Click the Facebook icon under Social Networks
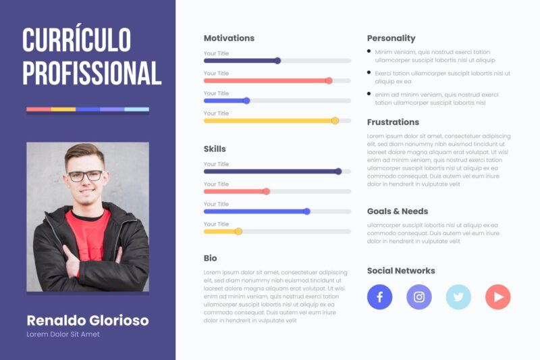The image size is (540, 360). point(379,297)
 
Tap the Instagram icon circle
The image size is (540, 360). point(418,297)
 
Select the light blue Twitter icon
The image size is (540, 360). point(458,297)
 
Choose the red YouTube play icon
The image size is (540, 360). point(497,297)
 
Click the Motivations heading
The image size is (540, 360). point(229,38)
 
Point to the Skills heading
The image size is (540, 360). point(215,149)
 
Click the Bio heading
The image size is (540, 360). point(211,258)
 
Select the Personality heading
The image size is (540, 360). point(391,38)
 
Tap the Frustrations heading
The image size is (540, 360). point(393,122)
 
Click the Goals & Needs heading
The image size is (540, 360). point(397,211)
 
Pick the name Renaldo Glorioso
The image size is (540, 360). point(87,320)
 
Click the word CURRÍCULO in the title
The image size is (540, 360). point(76,41)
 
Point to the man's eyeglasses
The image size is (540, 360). point(86,176)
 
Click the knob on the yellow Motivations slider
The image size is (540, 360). point(335,121)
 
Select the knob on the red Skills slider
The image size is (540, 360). point(266,191)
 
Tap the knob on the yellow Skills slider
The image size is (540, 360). point(238,232)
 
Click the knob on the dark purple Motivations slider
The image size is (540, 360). point(277,61)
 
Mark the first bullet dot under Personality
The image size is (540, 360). point(369,51)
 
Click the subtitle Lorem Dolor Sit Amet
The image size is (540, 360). point(63,334)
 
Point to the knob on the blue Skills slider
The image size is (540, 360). point(306,211)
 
